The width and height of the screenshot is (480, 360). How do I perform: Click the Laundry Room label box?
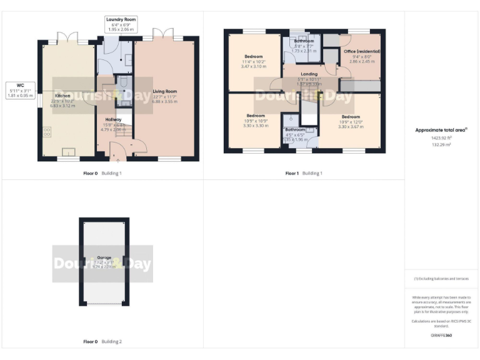(121, 25)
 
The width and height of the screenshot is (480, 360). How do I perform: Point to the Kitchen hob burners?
(47, 132)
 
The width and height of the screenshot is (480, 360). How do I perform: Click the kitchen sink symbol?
(68, 151)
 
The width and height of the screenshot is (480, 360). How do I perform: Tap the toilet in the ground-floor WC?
(123, 83)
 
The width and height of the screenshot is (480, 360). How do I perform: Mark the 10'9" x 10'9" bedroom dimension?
(255, 121)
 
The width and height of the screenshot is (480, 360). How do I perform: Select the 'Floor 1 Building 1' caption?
(304, 173)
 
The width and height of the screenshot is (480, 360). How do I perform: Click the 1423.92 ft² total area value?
(442, 138)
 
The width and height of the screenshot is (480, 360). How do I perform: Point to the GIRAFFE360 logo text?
(441, 336)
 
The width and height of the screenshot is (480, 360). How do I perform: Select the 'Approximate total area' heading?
(441, 130)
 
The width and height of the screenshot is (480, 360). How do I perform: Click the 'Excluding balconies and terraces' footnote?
(441, 279)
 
